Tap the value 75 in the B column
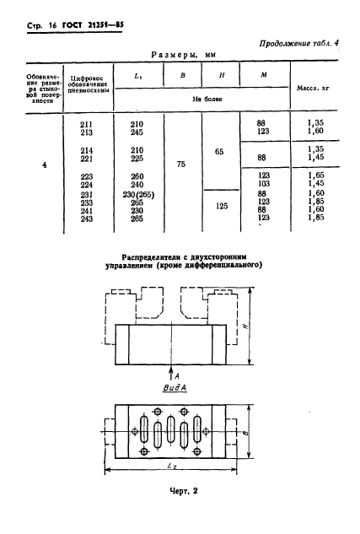pyautogui.click(x=181, y=166)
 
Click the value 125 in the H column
pyautogui.click(x=221, y=204)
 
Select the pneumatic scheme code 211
pyautogui.click(x=86, y=123)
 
